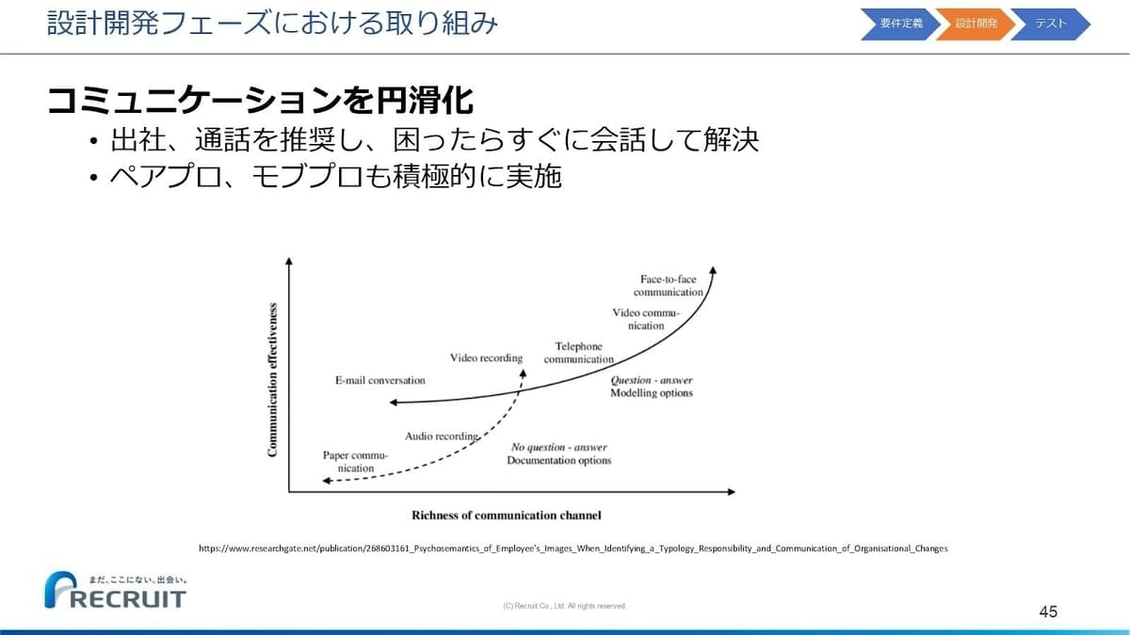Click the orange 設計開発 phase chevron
pos(976,24)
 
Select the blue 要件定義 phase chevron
pos(900,24)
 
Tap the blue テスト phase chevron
pos(1050,24)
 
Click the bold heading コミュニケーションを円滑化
pos(260,101)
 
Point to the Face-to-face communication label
pos(668,286)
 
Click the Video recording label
pos(486,357)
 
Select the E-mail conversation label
pos(379,380)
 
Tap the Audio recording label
pos(442,436)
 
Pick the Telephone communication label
pos(578,353)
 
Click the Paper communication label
pos(356,462)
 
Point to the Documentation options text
pos(559,460)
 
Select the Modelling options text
pos(652,392)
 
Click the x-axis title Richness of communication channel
pos(507,516)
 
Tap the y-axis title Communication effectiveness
pos(272,380)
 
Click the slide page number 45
pos(1048,611)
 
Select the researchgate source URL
pos(573,548)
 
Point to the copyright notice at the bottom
pos(564,606)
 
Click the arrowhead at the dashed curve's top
pos(524,373)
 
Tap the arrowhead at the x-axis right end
pos(732,492)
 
